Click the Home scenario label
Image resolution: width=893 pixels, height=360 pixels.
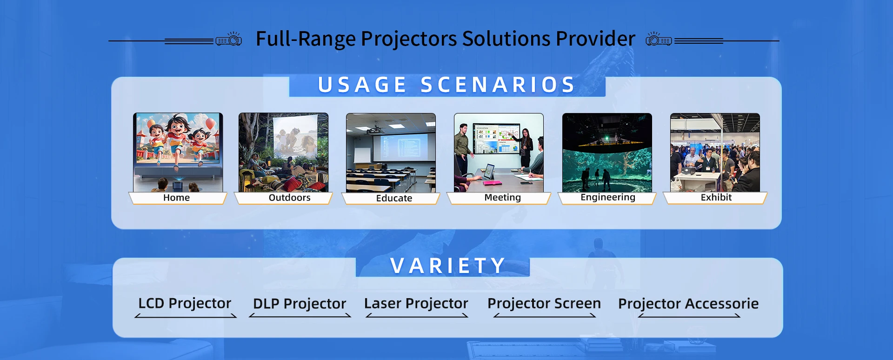coord(177,198)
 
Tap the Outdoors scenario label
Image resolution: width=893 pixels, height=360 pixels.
coord(289,198)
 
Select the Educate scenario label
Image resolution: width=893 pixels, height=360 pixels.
coord(394,198)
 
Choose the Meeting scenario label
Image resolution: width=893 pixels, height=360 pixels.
coord(502,198)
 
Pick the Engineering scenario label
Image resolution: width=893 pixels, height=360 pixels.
coord(608,197)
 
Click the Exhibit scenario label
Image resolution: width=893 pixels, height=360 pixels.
coord(716,197)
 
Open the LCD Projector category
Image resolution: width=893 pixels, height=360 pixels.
coord(185,303)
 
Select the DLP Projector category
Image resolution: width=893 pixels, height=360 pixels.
coord(300,304)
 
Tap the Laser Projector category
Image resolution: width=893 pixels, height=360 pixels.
coord(416,303)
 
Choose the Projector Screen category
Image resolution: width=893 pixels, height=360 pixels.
coord(544,303)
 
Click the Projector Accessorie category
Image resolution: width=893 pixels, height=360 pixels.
coord(688,304)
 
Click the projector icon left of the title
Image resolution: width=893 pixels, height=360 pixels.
coord(229,39)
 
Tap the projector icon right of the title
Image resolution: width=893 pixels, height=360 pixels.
coord(659,39)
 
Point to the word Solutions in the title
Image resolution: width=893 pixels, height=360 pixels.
coord(506,39)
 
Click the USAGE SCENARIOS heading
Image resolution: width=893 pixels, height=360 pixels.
coord(447,85)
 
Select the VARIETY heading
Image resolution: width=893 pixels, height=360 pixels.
coord(448,266)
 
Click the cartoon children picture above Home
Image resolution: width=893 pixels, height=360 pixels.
coord(178,153)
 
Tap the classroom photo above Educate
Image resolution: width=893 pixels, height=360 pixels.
coord(391,153)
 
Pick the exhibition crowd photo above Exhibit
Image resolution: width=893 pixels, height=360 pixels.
coord(715,153)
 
